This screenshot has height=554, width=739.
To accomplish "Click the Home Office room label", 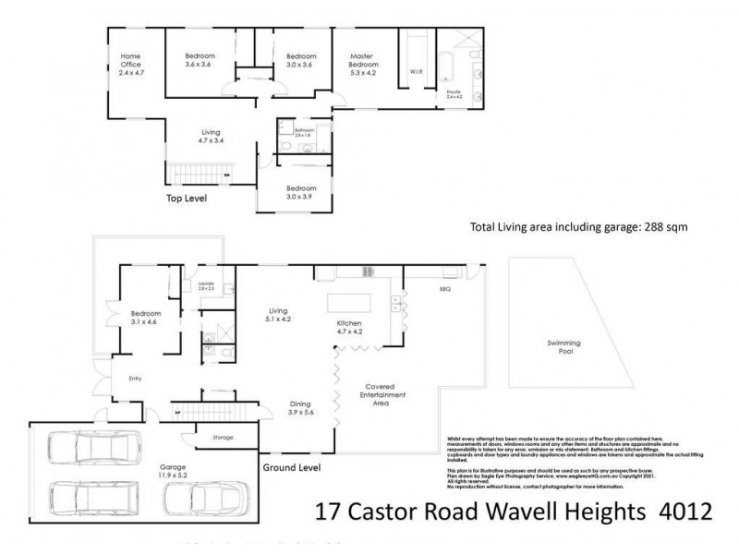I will tap(128, 63).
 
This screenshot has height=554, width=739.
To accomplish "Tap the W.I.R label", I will tap(415, 72).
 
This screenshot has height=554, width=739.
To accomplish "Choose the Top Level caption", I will tap(186, 199).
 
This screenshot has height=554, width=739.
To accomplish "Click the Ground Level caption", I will tap(291, 468).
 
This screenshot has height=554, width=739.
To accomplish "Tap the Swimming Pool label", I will tap(569, 348).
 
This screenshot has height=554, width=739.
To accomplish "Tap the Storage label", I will tap(222, 437).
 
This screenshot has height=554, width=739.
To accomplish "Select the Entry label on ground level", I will tap(120, 378).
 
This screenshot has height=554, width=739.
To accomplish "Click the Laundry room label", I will tap(205, 286).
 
